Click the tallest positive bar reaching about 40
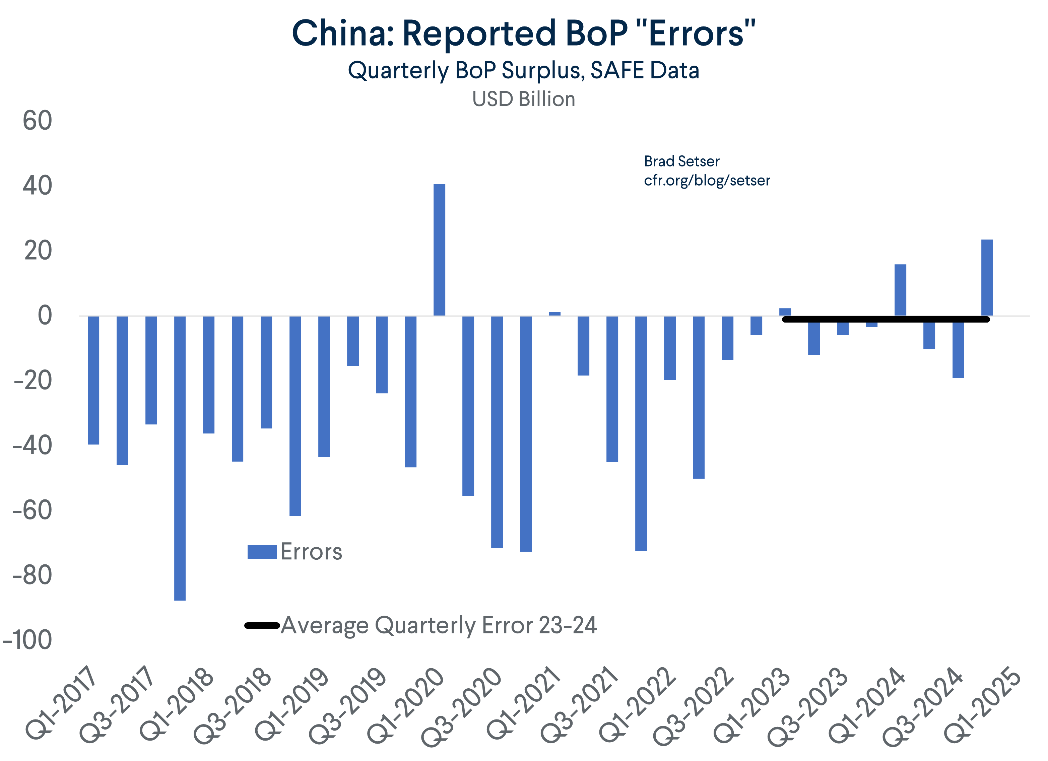point(439,250)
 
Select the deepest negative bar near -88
point(180,458)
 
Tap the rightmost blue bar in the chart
point(987,277)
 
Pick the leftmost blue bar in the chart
point(93,380)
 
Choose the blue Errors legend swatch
point(262,552)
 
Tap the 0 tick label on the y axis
point(45,316)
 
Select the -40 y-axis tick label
point(32,446)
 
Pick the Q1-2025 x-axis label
point(982,705)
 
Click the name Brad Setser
point(681,161)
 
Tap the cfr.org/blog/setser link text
point(707,180)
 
